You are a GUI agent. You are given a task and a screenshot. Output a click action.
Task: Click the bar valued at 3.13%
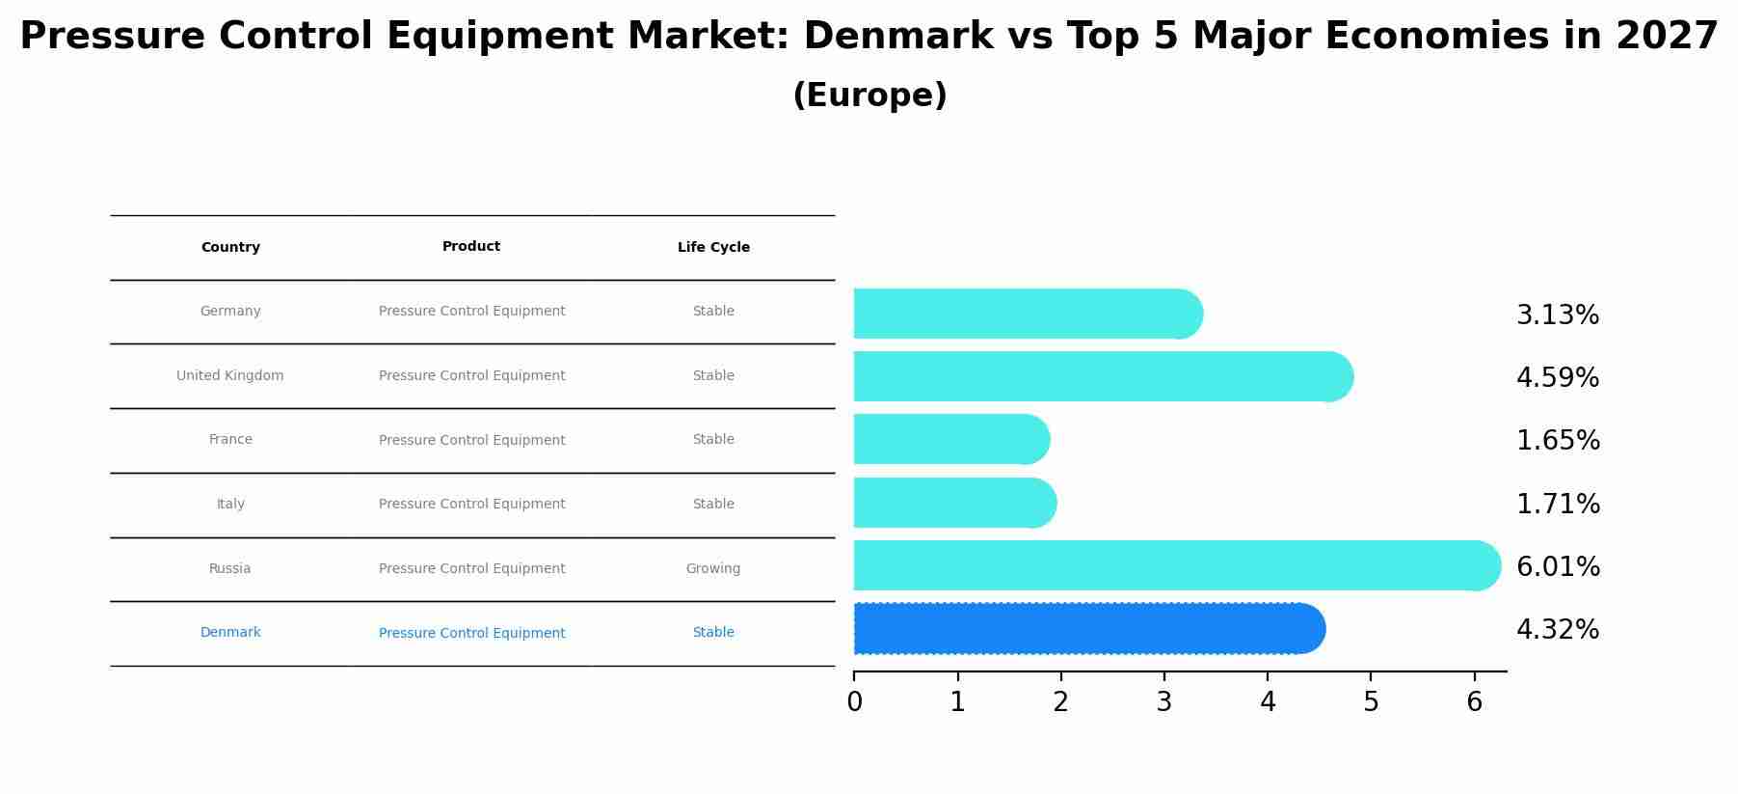[x=1027, y=314]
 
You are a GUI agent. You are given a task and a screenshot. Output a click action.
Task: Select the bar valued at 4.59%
[x=1102, y=376]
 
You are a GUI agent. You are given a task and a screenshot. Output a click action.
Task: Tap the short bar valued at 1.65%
[x=950, y=439]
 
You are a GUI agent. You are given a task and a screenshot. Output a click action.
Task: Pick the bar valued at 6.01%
[x=1176, y=565]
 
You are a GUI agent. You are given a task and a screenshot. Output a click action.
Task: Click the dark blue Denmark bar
[x=1088, y=629]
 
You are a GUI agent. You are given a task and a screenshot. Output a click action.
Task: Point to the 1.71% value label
[x=1558, y=504]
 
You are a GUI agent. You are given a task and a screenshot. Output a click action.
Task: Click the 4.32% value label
[x=1557, y=630]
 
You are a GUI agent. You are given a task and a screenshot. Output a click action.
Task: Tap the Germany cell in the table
[x=230, y=312]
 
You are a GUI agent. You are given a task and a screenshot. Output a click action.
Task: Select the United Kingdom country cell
[x=230, y=375]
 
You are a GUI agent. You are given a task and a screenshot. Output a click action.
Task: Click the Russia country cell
[x=230, y=568]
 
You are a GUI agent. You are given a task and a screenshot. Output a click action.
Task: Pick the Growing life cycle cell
[x=713, y=568]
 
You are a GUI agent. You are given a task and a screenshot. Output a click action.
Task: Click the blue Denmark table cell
[x=230, y=633]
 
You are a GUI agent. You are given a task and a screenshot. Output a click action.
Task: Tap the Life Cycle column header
[x=713, y=248]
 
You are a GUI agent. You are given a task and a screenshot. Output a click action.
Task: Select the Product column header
[x=471, y=247]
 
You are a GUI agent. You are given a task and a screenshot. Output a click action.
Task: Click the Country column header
[x=230, y=248]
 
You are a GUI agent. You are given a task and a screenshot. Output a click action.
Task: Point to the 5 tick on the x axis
[x=1371, y=702]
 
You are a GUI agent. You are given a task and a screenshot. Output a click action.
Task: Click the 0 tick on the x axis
[x=854, y=702]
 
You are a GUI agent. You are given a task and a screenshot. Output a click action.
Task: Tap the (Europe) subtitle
[x=869, y=96]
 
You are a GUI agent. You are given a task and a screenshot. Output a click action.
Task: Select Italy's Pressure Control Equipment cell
[x=471, y=504]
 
